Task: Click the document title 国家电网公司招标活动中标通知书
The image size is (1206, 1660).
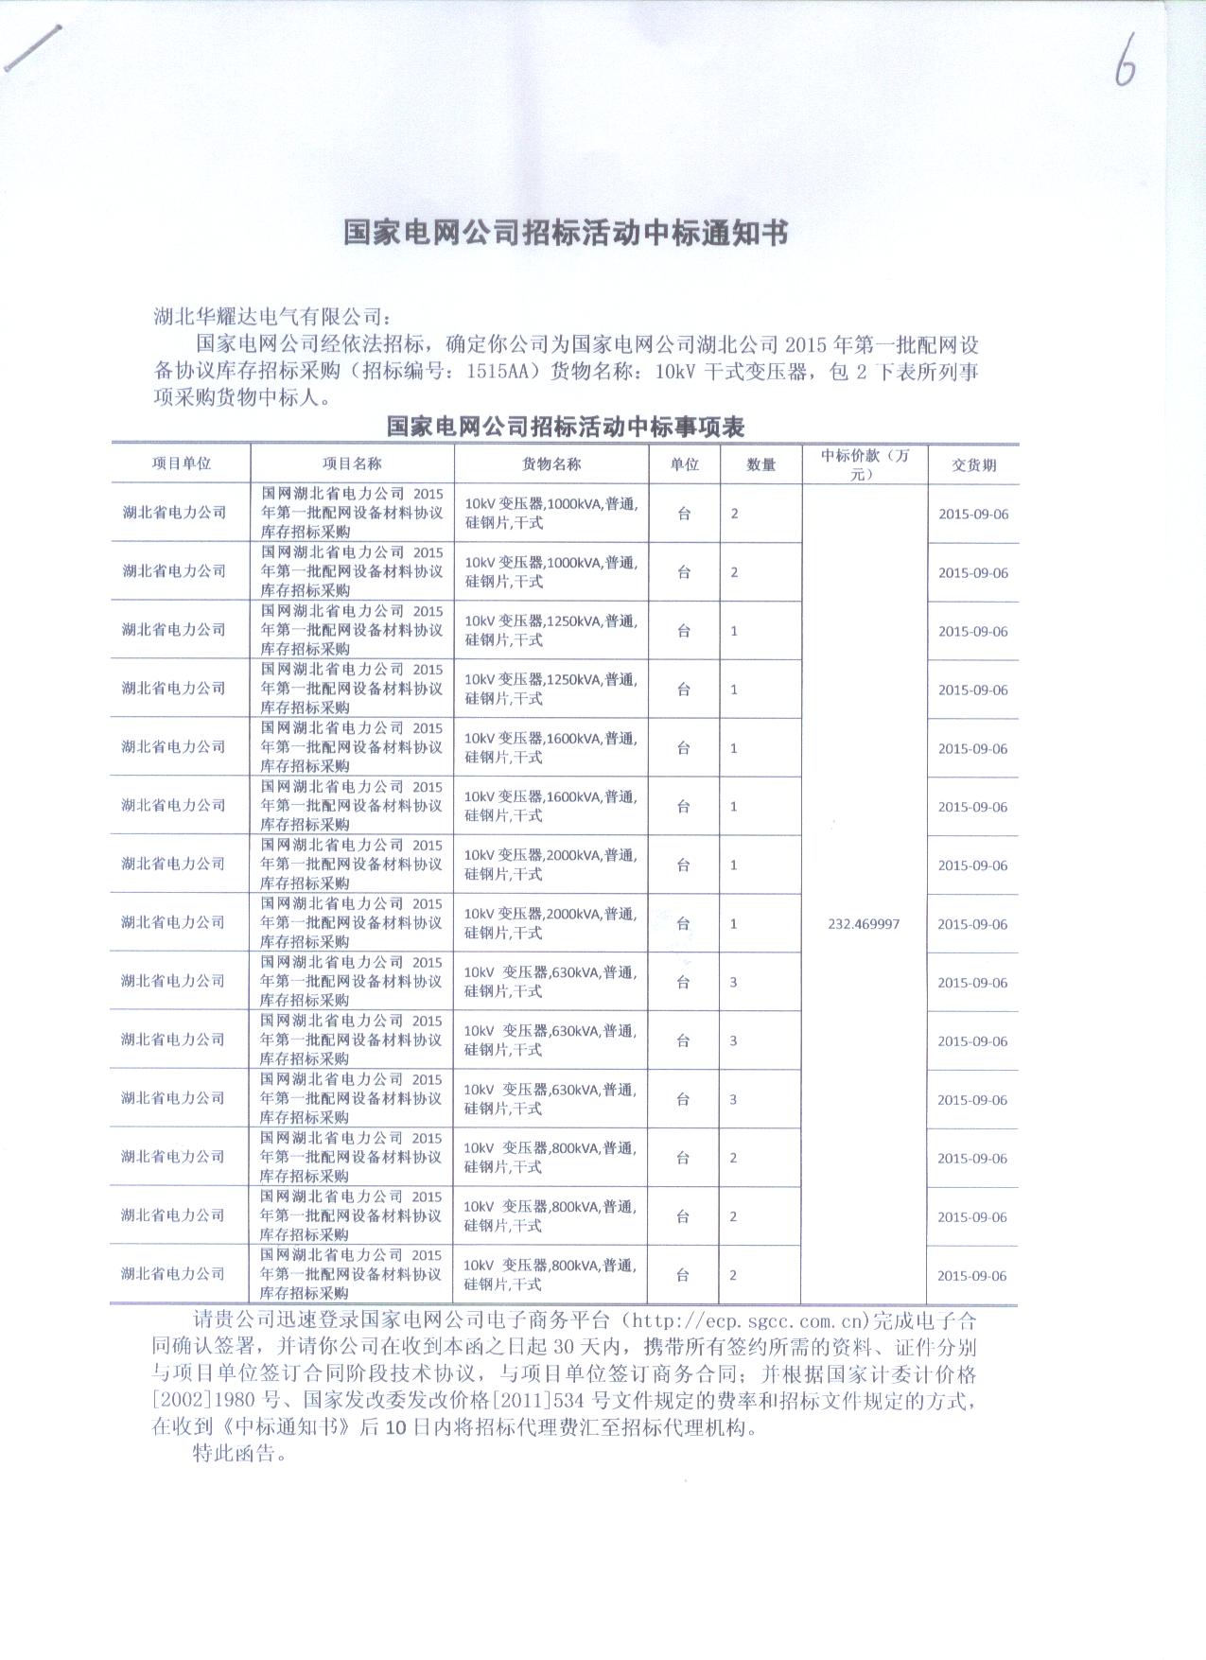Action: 565,233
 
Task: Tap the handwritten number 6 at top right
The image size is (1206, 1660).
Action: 1124,64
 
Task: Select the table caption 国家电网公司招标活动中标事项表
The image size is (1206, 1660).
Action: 565,427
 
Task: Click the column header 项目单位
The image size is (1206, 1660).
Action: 181,463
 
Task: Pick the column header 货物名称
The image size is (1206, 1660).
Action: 551,463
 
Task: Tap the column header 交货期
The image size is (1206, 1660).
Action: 973,465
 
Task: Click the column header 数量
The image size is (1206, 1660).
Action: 761,464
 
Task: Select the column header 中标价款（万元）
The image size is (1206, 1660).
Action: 865,464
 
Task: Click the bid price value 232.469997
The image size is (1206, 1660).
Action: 864,924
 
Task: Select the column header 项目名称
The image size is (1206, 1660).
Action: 352,463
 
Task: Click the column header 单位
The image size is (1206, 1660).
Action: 684,464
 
